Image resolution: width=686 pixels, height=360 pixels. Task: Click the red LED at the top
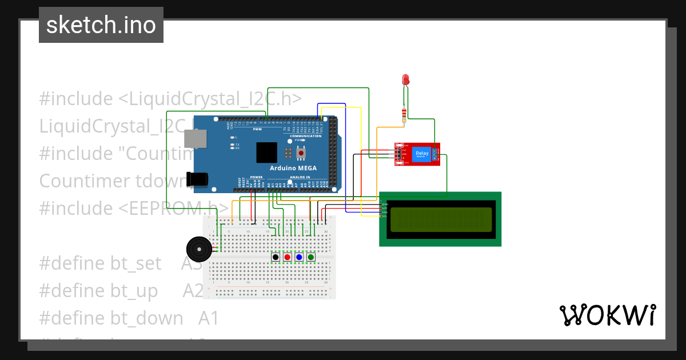(x=406, y=79)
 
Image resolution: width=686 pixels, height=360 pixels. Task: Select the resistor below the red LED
(x=405, y=114)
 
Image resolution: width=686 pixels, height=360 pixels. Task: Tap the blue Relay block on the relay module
(x=421, y=154)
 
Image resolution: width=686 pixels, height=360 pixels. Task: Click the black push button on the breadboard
(x=276, y=258)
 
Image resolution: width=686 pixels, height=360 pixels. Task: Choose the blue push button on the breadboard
(x=299, y=258)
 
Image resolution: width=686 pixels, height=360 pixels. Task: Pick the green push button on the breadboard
(x=311, y=258)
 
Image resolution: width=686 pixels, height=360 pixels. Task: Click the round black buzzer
(x=198, y=249)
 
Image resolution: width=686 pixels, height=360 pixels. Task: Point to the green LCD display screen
(x=441, y=219)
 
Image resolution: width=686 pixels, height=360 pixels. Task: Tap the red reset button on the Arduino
(x=300, y=153)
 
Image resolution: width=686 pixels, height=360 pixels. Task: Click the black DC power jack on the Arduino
(x=197, y=179)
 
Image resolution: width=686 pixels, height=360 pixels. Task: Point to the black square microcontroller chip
(x=267, y=153)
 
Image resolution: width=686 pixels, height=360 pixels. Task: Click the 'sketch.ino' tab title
(x=101, y=25)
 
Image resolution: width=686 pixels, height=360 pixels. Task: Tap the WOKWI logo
(x=607, y=315)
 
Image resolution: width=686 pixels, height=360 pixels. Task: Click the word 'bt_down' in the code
(x=147, y=318)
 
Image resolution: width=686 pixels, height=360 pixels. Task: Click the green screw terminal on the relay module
(x=435, y=154)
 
